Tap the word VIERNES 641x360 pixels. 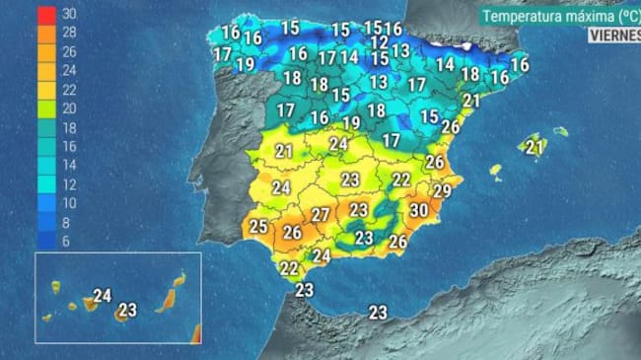click(x=613, y=35)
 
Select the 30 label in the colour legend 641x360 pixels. click(x=69, y=15)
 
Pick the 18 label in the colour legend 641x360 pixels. click(x=69, y=127)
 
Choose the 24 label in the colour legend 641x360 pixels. click(x=69, y=71)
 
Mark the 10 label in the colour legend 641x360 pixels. click(x=69, y=202)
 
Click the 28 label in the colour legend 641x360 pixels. click(x=69, y=34)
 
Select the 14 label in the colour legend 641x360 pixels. click(x=69, y=165)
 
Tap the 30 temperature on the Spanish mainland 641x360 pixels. click(x=418, y=210)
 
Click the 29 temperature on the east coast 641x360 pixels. click(x=442, y=190)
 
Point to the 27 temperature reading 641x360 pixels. click(x=320, y=215)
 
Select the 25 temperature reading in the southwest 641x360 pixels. click(x=258, y=226)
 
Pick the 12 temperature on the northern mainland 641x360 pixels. click(x=379, y=42)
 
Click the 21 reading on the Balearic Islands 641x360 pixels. click(x=534, y=148)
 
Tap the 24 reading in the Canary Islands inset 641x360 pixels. click(x=103, y=295)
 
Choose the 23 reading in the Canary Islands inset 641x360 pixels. click(x=126, y=311)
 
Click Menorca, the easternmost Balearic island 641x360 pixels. click(x=560, y=131)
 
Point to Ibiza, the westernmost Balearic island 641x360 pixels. click(x=496, y=171)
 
